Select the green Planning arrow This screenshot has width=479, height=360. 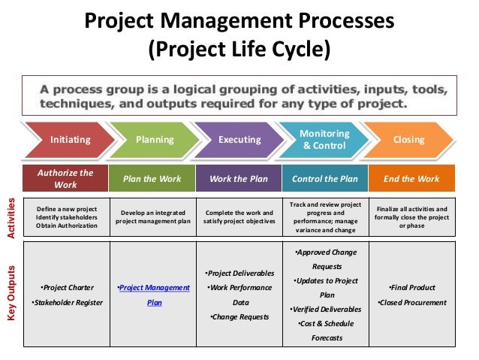click(154, 139)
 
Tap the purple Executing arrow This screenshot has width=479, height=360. click(239, 139)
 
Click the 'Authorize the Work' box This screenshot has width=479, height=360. click(66, 178)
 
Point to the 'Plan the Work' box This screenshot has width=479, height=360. click(152, 179)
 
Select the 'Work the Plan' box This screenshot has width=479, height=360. click(239, 179)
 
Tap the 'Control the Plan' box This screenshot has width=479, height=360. click(324, 179)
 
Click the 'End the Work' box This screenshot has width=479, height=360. click(411, 179)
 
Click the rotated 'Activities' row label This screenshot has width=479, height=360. click(11, 219)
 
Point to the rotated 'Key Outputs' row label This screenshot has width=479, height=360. click(11, 295)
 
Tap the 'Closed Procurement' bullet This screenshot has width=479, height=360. click(411, 303)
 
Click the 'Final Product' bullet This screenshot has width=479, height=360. click(411, 287)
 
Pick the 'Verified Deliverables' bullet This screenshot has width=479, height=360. click(325, 309)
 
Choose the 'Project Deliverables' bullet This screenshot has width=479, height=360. click(239, 272)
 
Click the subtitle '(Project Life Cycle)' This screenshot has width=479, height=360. click(239, 51)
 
